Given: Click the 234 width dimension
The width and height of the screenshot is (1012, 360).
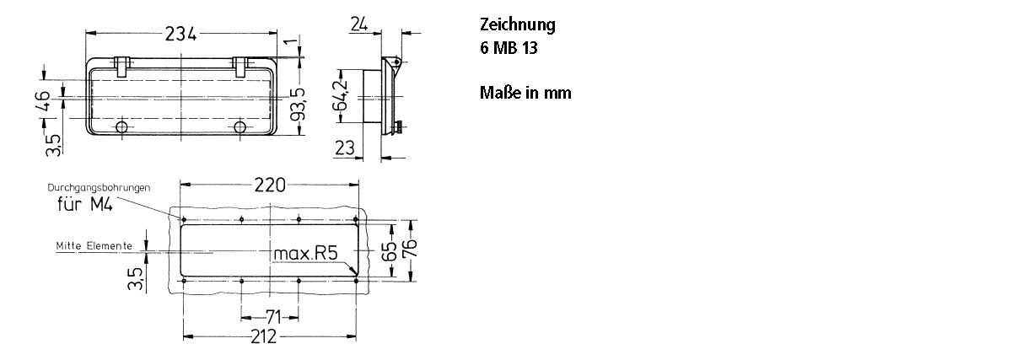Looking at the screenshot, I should tap(180, 34).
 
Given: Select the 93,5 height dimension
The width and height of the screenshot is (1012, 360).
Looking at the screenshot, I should tap(296, 103).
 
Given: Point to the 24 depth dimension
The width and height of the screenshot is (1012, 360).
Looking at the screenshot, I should tap(358, 25).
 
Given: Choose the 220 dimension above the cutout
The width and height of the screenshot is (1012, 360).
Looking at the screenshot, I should tap(270, 185).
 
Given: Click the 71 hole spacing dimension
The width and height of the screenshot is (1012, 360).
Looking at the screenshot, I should tap(270, 317).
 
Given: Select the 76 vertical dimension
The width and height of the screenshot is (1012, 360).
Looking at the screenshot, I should tap(408, 250).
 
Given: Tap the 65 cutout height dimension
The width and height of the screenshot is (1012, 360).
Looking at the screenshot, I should tap(388, 251).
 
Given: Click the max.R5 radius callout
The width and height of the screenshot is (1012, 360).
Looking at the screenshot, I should tap(304, 253).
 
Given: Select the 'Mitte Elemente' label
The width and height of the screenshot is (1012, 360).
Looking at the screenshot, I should tap(94, 245).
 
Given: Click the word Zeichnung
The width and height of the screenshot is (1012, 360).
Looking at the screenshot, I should tap(517, 24).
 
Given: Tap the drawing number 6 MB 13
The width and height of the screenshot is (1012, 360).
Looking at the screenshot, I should tap(509, 48).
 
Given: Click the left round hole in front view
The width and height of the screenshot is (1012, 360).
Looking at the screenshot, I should tap(121, 127).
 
